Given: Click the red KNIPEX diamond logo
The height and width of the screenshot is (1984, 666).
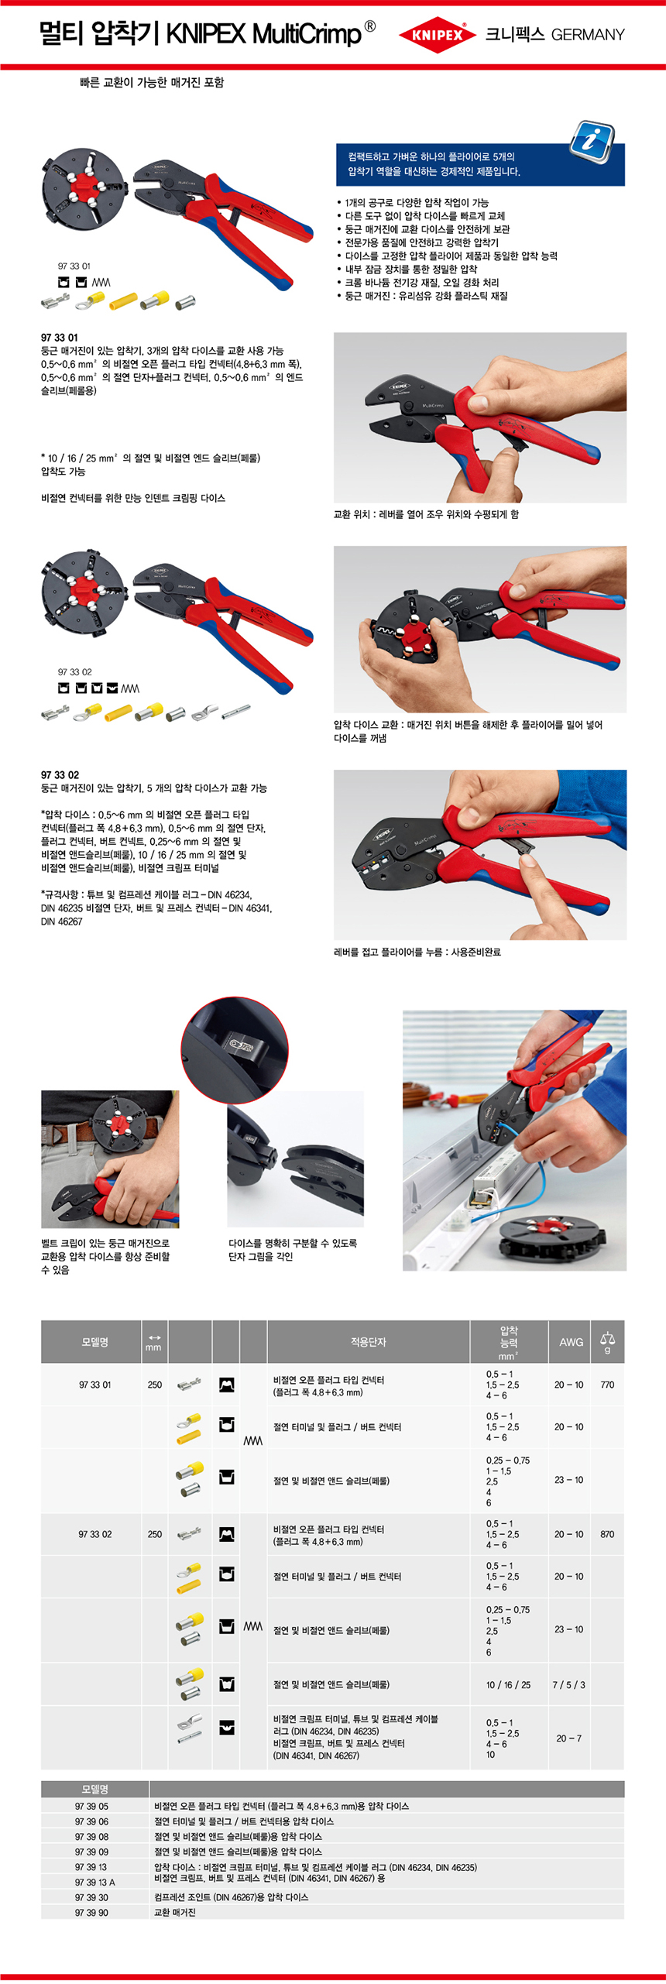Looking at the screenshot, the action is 438,35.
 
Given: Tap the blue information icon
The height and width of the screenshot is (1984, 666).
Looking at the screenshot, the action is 592,141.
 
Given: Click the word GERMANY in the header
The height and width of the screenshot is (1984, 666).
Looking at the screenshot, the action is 588,35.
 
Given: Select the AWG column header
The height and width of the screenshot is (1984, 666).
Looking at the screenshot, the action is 572,1342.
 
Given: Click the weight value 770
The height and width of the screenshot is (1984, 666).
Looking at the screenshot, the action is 607,1385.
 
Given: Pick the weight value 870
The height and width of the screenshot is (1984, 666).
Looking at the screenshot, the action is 607,1534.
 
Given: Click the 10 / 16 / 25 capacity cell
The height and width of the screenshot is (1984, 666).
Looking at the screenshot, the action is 508,1685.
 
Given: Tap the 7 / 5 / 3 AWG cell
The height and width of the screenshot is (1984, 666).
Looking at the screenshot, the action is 568,1685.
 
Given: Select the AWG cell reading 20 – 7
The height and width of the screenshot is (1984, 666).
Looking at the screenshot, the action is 568,1739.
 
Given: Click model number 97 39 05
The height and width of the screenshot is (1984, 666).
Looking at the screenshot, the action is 91,1806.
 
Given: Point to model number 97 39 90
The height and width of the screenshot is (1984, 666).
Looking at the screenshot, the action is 91,1912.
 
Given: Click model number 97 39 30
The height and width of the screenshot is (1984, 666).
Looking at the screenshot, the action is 91,1897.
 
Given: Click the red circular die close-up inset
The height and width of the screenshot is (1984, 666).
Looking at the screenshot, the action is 235,1049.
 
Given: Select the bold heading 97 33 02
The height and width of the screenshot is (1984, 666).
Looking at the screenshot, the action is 60,774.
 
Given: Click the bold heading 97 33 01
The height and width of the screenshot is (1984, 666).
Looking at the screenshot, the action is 60,338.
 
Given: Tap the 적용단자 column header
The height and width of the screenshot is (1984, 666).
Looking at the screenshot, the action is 368,1342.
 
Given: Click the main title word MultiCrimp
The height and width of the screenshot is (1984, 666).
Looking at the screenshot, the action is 307,34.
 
